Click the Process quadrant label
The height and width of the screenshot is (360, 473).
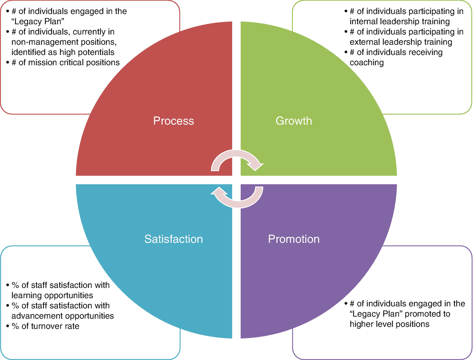(x=173, y=121)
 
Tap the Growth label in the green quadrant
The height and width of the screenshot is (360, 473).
(x=294, y=121)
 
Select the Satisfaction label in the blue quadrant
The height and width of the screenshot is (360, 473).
(x=173, y=239)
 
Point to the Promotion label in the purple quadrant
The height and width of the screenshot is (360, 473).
(x=294, y=239)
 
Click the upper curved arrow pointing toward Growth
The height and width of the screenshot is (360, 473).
(x=237, y=159)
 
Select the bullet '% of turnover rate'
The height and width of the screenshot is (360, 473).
(x=45, y=326)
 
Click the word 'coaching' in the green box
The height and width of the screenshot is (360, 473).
(x=367, y=63)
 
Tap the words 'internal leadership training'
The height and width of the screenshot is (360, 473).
(x=400, y=22)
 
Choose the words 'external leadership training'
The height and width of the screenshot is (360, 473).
(x=401, y=42)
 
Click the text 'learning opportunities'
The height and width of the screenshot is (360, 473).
(x=52, y=295)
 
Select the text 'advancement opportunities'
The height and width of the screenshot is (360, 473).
(x=63, y=316)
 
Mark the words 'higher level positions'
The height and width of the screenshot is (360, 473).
(x=389, y=324)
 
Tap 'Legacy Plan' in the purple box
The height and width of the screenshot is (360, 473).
(x=376, y=314)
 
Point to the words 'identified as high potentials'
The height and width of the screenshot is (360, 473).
(x=63, y=52)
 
